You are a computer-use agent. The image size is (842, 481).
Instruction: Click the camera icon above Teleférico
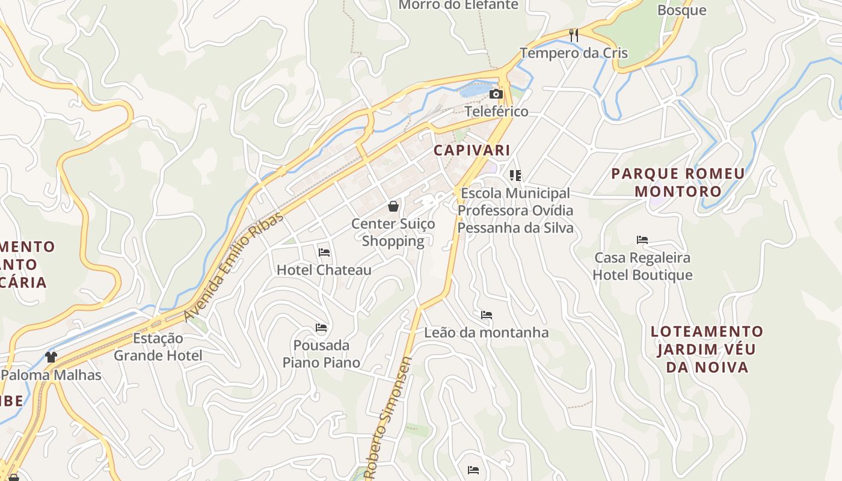click(x=496, y=94)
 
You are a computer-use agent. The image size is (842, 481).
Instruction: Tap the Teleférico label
click(x=496, y=111)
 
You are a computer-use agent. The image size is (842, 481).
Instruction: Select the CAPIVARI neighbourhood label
click(x=472, y=150)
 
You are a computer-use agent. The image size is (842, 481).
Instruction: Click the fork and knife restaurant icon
click(x=574, y=35)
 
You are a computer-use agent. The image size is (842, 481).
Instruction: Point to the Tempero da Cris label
click(x=574, y=53)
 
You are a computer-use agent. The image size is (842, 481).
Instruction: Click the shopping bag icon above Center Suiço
click(x=393, y=206)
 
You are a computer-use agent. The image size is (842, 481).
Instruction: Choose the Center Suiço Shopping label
click(x=393, y=232)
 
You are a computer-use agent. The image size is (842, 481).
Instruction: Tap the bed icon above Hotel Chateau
click(x=324, y=253)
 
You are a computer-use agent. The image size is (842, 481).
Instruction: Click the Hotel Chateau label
click(x=324, y=270)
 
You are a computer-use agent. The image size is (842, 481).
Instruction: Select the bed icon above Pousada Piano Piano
click(x=321, y=328)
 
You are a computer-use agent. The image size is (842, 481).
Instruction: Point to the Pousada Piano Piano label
click(x=321, y=354)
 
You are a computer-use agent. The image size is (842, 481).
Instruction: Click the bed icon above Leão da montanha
click(x=487, y=314)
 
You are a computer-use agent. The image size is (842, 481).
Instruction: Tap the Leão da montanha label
click(x=487, y=332)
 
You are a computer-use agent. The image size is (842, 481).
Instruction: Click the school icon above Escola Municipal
click(x=515, y=176)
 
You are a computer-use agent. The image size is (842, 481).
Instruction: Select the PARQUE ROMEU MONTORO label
click(x=678, y=182)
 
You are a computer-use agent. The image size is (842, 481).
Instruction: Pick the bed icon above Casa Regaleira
click(x=642, y=240)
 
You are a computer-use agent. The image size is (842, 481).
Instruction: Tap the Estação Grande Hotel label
click(x=158, y=346)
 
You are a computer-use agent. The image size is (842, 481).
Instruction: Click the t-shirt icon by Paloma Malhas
click(x=51, y=357)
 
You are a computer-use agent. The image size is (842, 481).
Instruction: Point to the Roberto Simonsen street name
click(x=388, y=418)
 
